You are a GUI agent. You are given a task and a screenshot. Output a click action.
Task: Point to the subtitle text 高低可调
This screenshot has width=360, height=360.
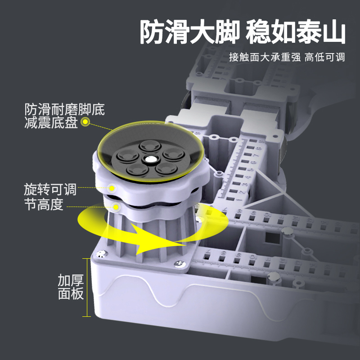coord(324,58)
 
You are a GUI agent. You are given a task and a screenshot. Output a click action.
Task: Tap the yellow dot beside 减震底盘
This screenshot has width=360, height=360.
coord(85,121)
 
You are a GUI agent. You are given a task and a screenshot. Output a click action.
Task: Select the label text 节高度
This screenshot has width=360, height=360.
coord(44,205)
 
